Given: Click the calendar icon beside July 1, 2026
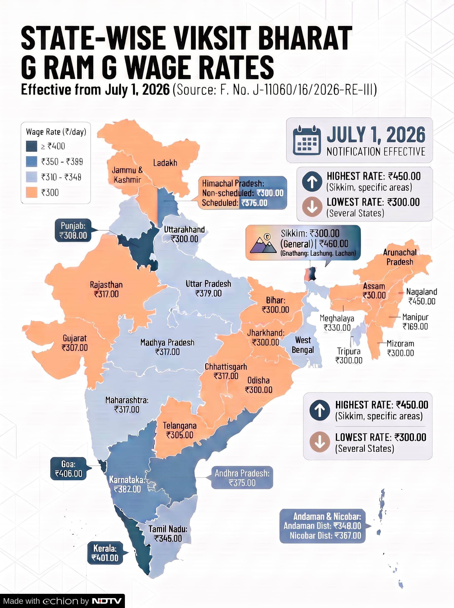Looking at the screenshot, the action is [307, 140].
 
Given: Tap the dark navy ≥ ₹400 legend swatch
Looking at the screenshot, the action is [32, 146].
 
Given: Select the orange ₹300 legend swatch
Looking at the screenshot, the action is [32, 192].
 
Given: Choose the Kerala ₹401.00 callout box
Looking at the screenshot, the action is [105, 553].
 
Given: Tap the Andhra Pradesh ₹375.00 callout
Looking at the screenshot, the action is [242, 478].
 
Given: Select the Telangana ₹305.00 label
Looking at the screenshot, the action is [180, 430].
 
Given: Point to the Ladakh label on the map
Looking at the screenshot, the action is [165, 163].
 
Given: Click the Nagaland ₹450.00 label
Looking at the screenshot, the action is [422, 296].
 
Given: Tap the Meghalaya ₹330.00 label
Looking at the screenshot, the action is [337, 323].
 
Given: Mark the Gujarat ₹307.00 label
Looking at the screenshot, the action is [74, 343].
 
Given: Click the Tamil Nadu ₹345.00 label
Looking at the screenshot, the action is [168, 534].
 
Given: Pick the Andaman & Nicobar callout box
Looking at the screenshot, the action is [323, 526].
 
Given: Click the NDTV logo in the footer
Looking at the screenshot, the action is [107, 601].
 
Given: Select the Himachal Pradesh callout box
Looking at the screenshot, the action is [242, 193].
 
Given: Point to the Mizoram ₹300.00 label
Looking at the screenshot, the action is [400, 348].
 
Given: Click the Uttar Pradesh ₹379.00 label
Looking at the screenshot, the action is [208, 289].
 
